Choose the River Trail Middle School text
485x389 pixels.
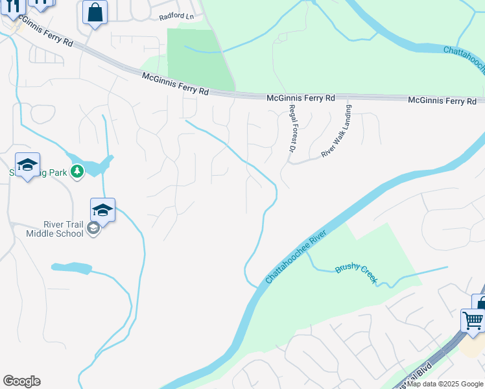(x=55, y=229)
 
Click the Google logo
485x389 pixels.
(x=21, y=381)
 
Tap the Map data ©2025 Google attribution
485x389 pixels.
(x=445, y=384)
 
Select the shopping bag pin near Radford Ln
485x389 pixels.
(x=95, y=13)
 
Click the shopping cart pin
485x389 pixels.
(x=473, y=321)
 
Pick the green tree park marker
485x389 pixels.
(x=78, y=171)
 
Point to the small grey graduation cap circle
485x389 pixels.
(x=93, y=229)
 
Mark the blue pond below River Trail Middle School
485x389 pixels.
(x=71, y=267)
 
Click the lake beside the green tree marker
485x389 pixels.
(x=97, y=167)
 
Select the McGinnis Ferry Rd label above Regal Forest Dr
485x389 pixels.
(x=300, y=98)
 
